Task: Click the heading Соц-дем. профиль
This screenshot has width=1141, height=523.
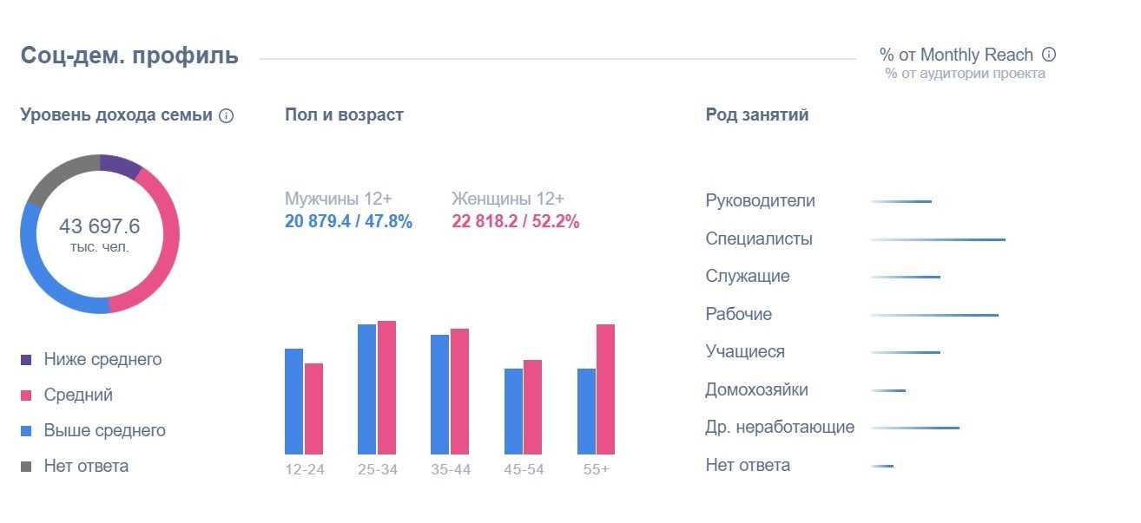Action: (129, 56)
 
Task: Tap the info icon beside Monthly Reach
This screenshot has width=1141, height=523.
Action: (1049, 55)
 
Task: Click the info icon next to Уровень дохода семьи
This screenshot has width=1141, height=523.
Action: (227, 115)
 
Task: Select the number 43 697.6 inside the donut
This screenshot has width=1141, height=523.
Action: (99, 227)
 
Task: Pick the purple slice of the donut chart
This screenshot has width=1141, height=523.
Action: (119, 164)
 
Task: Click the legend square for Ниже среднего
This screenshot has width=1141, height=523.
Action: (26, 359)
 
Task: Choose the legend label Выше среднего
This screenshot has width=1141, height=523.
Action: (104, 430)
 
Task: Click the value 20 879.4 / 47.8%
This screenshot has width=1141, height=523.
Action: (348, 221)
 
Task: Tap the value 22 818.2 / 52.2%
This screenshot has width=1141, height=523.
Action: (515, 221)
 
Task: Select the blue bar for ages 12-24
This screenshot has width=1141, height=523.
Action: (293, 401)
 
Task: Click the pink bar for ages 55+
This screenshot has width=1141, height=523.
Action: (605, 389)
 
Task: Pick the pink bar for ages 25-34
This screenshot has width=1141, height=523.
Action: (386, 387)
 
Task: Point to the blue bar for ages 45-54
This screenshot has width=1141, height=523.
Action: (513, 411)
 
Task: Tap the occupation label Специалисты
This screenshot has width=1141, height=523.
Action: (759, 239)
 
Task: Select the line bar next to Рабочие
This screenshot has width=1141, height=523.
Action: (934, 315)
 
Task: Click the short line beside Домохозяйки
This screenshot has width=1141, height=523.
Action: (888, 390)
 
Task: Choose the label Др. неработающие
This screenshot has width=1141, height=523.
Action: (780, 427)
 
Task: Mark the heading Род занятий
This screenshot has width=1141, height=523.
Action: (757, 114)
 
